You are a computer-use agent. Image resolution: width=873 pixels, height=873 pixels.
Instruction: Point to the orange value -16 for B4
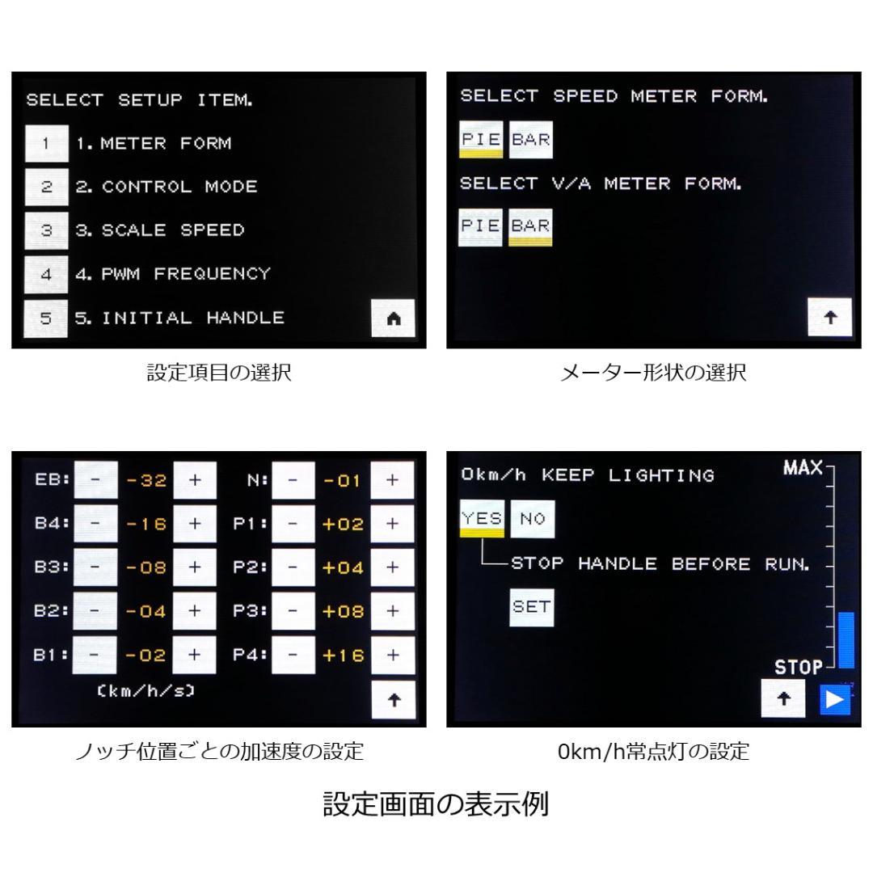(x=147, y=525)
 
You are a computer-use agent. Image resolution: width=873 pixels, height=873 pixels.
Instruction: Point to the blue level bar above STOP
(x=846, y=639)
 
